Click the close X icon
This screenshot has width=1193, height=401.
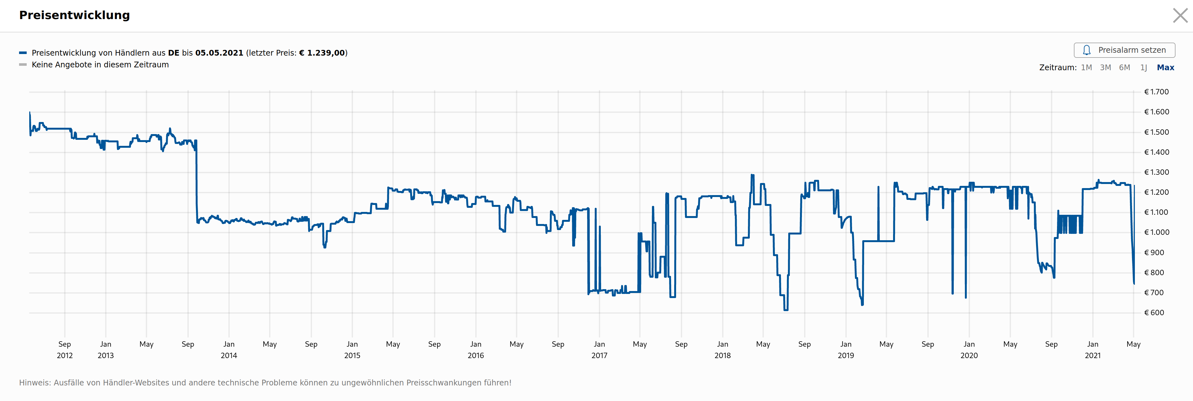1180,15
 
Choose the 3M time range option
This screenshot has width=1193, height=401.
1105,68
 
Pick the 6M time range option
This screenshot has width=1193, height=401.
1124,68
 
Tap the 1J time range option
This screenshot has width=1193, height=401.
1143,68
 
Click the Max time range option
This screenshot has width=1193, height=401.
1165,68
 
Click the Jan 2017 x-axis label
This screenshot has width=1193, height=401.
599,350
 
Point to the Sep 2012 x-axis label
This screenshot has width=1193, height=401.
65,350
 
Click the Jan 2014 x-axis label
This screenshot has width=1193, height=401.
229,350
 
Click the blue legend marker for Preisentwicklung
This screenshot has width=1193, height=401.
23,53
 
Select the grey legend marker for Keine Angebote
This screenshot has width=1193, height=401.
23,65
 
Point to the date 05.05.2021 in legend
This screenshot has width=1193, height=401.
219,53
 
